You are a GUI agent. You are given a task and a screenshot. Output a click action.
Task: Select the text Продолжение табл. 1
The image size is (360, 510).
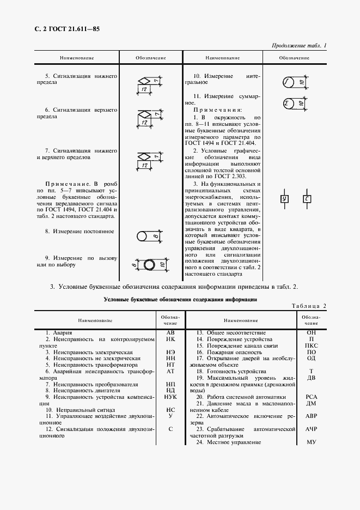(298, 46)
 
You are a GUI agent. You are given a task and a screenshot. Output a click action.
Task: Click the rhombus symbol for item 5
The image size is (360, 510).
(144, 81)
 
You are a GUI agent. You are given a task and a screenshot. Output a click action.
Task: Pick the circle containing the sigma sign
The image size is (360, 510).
(288, 104)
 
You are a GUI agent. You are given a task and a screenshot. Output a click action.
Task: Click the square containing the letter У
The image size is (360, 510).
(284, 199)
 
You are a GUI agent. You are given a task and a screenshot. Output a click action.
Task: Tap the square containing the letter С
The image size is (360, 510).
(307, 199)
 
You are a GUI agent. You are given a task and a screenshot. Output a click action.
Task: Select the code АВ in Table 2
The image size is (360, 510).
(170, 332)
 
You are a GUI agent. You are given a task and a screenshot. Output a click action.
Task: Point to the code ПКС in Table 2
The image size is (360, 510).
(312, 345)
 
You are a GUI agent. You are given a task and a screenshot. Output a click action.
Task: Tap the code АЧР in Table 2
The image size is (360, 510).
(312, 429)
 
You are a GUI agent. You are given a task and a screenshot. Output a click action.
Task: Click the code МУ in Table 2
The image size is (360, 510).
(312, 442)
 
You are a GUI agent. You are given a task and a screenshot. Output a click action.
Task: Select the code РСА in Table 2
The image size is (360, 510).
(312, 397)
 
